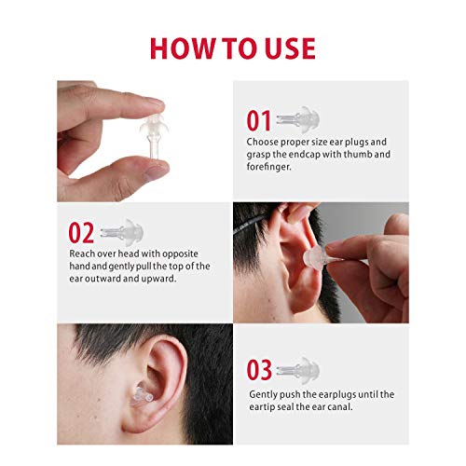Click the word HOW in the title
click(183, 48)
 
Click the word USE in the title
click(290, 48)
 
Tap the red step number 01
click(259, 120)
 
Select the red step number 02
click(81, 233)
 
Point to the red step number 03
click(259, 370)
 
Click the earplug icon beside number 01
click(298, 119)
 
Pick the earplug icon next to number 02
click(122, 232)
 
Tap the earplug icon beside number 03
click(298, 369)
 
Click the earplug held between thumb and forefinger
click(154, 136)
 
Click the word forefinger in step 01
click(269, 167)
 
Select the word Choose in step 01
click(262, 142)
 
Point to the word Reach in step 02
click(82, 254)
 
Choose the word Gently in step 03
click(263, 394)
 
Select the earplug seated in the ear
click(142, 395)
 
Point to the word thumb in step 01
click(357, 154)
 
